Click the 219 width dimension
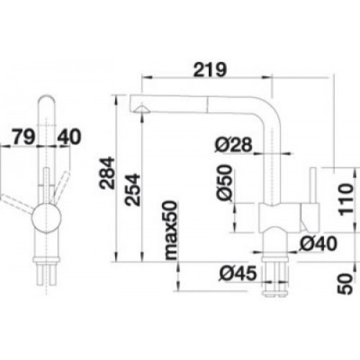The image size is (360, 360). (x=210, y=69)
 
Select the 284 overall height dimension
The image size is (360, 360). (x=107, y=173)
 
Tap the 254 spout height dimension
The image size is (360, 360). (x=132, y=190)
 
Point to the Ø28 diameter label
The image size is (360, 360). (x=233, y=145)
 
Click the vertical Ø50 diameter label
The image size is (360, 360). (x=224, y=183)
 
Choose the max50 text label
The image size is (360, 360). (x=171, y=230)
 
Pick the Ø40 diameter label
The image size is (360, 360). (x=318, y=244)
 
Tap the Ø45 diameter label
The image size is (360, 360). (x=238, y=273)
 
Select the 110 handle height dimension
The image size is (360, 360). (x=345, y=200)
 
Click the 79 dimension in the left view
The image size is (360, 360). (x=24, y=136)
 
